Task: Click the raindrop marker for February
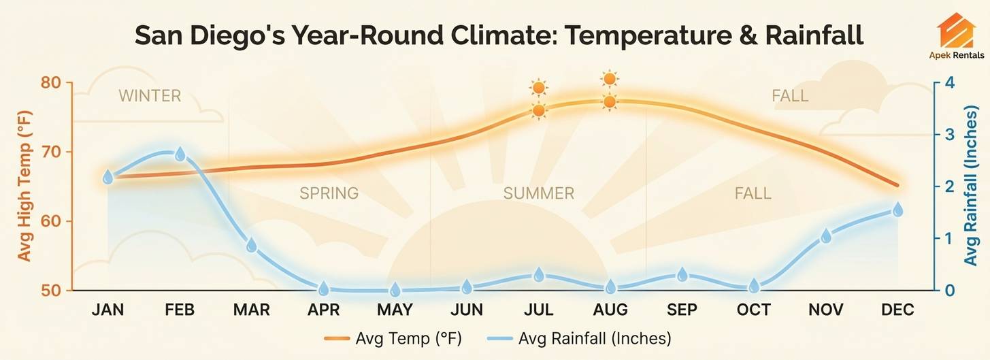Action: coord(180,154)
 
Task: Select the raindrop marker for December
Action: coord(897,210)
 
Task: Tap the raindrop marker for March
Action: coord(251,245)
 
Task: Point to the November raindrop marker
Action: coord(826,236)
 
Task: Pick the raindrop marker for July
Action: coord(539,275)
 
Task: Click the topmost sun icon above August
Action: coord(610,79)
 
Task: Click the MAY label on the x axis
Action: coord(395,310)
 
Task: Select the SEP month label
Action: coord(682,310)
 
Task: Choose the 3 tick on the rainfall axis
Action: coord(948,134)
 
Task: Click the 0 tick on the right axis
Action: coord(948,291)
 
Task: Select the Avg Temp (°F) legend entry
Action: coord(408,338)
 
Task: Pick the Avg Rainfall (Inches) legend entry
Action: coord(594,338)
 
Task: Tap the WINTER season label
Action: coord(150,96)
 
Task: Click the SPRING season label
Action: coord(329,193)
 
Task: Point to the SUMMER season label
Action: coord(538,193)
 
